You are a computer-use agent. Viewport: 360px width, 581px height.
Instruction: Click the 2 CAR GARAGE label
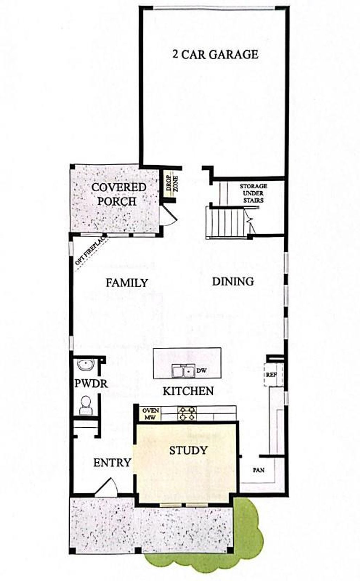coord(215,55)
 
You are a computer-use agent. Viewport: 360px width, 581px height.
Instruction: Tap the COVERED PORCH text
coord(118,194)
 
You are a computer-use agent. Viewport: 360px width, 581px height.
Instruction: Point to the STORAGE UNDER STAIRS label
coord(253,193)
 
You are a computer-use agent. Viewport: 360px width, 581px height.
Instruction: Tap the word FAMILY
coord(127,283)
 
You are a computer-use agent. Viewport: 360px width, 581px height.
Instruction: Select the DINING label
coord(233,281)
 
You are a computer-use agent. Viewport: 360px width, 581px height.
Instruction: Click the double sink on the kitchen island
coord(183,371)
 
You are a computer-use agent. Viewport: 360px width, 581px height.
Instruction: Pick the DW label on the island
coord(201,370)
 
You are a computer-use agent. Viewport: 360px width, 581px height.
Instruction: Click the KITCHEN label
coord(188,391)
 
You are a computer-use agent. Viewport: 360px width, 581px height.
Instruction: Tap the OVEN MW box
coord(151,414)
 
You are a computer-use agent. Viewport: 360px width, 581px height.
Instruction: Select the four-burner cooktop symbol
coord(187,414)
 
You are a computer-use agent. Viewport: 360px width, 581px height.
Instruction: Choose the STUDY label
coord(188,451)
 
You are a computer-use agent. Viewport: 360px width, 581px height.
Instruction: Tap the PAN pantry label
coord(258,470)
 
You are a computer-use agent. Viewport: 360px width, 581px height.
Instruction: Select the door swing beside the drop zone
coord(168,215)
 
